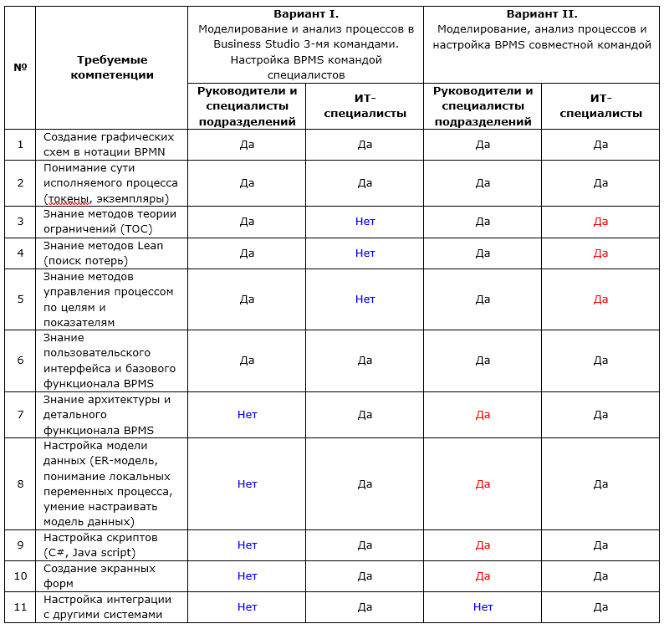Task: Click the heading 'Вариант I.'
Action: (x=306, y=14)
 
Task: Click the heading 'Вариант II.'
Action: (x=542, y=14)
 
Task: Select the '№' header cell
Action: (x=21, y=67)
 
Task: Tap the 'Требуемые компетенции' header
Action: (x=112, y=68)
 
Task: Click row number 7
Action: (x=21, y=414)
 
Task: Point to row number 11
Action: (x=21, y=606)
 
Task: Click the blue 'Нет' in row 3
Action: (x=365, y=222)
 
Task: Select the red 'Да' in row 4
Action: (x=600, y=253)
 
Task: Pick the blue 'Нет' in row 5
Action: (x=365, y=299)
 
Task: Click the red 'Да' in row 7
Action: (x=483, y=414)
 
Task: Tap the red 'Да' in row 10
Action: (x=483, y=575)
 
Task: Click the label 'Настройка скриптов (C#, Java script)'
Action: (x=100, y=545)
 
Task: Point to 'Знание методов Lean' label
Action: (x=103, y=246)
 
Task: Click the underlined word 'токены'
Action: (x=69, y=198)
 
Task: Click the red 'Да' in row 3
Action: (x=600, y=222)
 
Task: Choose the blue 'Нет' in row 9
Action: (x=248, y=545)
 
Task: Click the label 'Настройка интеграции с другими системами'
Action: (x=107, y=606)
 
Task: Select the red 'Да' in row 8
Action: (x=483, y=483)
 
